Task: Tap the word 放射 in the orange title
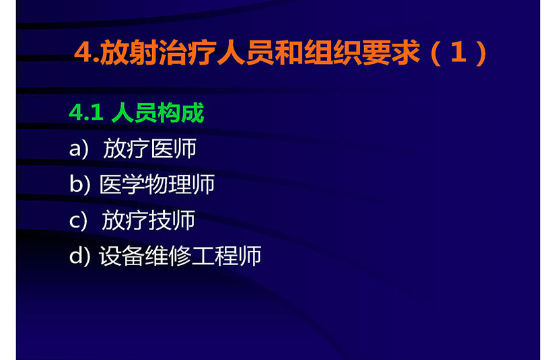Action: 129,52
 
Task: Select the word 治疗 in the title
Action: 187,52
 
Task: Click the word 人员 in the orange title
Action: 246,52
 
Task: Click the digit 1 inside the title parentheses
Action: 458,52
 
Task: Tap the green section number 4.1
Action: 86,113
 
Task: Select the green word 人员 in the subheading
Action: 134,113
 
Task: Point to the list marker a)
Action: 78,149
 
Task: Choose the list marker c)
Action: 78,221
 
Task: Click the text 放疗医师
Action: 149,149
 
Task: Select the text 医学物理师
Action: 157,184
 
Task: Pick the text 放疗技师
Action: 148,220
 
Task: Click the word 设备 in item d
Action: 122,256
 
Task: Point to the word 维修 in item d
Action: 168,256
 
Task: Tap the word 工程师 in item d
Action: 227,256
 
